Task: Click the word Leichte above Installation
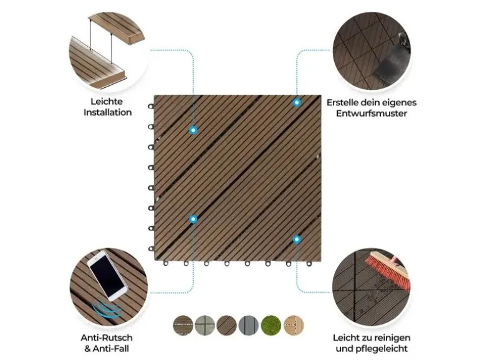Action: click(x=107, y=102)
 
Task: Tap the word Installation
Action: click(x=107, y=112)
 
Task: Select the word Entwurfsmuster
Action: click(x=372, y=113)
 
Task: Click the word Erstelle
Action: click(x=342, y=103)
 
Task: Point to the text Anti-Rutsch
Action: click(x=107, y=338)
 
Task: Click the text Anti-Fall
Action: click(x=111, y=348)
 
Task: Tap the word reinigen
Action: click(x=393, y=338)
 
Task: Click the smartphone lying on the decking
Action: click(x=107, y=275)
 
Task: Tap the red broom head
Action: click(x=388, y=270)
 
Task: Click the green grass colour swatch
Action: click(x=271, y=325)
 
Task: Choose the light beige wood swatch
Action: click(x=294, y=325)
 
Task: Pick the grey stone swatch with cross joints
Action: click(x=205, y=325)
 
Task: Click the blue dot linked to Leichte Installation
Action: click(x=193, y=130)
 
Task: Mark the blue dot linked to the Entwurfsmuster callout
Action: click(x=296, y=103)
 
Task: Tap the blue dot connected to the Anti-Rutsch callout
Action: click(x=193, y=219)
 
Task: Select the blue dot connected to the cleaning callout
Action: click(x=296, y=240)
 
